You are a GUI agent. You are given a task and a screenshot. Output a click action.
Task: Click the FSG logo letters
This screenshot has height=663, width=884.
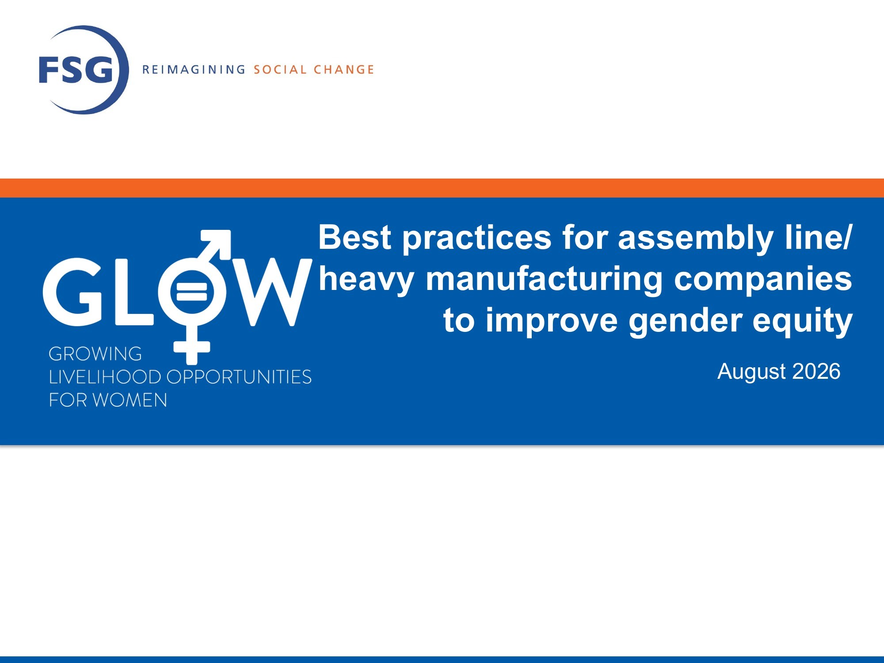[x=76, y=69]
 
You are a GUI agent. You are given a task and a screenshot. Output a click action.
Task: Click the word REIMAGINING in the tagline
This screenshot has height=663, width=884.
[x=194, y=69]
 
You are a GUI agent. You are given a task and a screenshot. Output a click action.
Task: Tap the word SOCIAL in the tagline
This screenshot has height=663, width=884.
[x=280, y=69]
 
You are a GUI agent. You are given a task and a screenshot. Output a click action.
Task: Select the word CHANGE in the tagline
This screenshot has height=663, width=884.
[x=344, y=69]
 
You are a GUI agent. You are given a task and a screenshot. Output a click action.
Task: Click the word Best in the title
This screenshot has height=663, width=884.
[x=355, y=237]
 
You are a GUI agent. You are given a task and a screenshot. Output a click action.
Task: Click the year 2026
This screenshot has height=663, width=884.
[x=816, y=371]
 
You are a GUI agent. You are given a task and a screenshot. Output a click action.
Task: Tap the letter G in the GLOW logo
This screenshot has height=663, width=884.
[x=73, y=292]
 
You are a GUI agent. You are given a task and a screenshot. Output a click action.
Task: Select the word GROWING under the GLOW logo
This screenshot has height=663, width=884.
[x=95, y=354]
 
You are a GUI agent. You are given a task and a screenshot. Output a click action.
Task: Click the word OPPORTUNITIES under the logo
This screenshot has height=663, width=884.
[x=239, y=377]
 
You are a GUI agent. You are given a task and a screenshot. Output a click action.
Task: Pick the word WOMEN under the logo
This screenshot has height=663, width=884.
[x=130, y=400]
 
